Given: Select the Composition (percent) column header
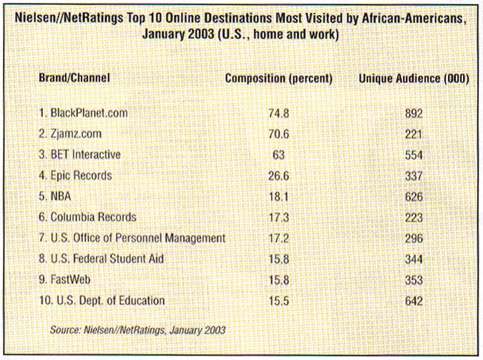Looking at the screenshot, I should tap(278, 78).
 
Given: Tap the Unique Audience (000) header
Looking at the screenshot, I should tap(413, 78).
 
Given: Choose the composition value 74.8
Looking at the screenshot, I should tap(278, 113).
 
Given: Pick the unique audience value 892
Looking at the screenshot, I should tap(413, 113).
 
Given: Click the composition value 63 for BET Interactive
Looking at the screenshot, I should tap(278, 155).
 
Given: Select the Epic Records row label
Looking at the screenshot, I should tap(80, 175).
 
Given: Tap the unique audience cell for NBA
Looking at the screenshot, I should tap(413, 196).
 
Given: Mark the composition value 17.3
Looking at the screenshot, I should tap(278, 217).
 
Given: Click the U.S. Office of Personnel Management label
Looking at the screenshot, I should tap(132, 238).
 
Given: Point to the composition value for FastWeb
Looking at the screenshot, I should tap(278, 280).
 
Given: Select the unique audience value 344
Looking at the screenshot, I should tap(413, 258).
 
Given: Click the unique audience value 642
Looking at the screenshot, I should tap(413, 301).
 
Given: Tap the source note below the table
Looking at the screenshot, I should tap(137, 330).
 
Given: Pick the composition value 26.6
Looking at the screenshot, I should tap(278, 175).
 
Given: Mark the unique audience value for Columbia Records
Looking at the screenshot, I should tap(413, 217).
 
